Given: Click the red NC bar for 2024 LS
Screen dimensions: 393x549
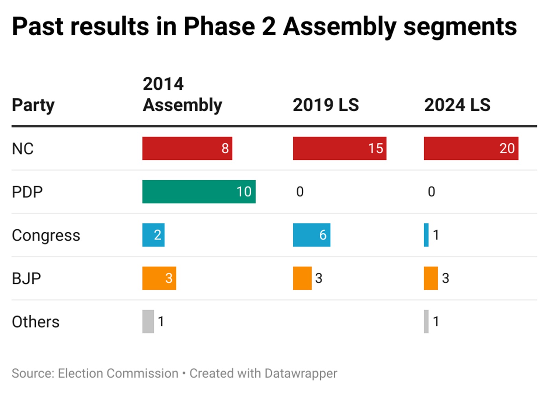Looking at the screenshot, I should click(471, 148).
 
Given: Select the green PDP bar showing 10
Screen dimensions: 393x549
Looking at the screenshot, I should click(199, 192).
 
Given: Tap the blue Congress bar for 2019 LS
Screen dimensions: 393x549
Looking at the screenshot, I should click(311, 235).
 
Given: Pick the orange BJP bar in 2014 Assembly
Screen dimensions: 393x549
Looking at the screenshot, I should click(159, 278).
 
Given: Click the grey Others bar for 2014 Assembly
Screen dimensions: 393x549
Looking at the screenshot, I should click(148, 322).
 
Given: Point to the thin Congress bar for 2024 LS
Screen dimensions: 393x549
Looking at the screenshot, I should click(426, 235).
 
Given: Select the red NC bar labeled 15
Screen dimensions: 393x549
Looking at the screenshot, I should click(339, 148).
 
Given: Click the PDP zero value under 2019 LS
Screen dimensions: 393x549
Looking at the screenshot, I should click(300, 192).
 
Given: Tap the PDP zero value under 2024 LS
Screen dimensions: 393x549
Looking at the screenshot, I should click(431, 192).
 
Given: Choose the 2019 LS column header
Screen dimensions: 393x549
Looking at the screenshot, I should click(325, 105).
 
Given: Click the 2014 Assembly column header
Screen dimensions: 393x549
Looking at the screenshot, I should click(182, 94).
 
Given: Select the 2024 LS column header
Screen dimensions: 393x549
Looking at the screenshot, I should click(457, 105).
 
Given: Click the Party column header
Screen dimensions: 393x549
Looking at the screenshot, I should click(33, 105).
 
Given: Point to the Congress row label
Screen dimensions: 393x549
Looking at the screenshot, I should click(46, 236).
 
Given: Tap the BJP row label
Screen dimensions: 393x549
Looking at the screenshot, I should click(26, 279).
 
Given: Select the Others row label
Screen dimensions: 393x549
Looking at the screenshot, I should click(35, 322).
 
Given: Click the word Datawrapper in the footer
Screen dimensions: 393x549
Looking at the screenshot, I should click(301, 373).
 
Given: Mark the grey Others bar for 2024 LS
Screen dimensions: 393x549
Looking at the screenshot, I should click(426, 322).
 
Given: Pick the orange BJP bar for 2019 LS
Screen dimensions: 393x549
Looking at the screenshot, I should click(302, 278).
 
